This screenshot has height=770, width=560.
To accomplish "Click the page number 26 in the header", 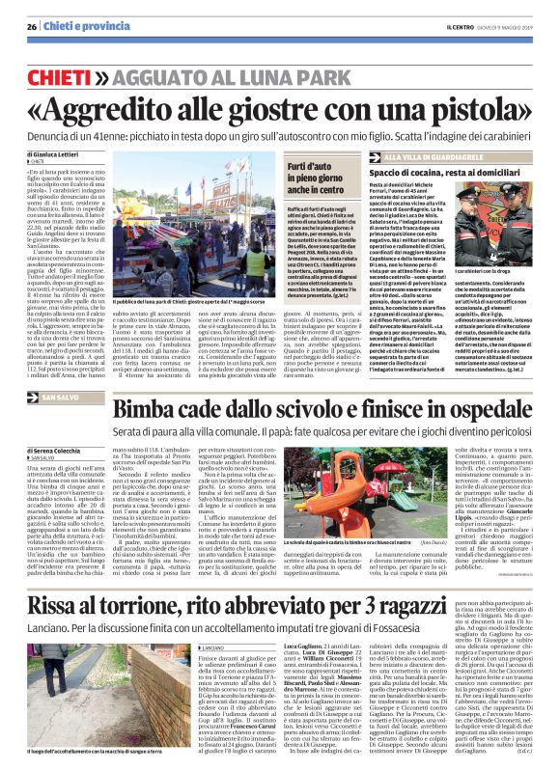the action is coord(32,25).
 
